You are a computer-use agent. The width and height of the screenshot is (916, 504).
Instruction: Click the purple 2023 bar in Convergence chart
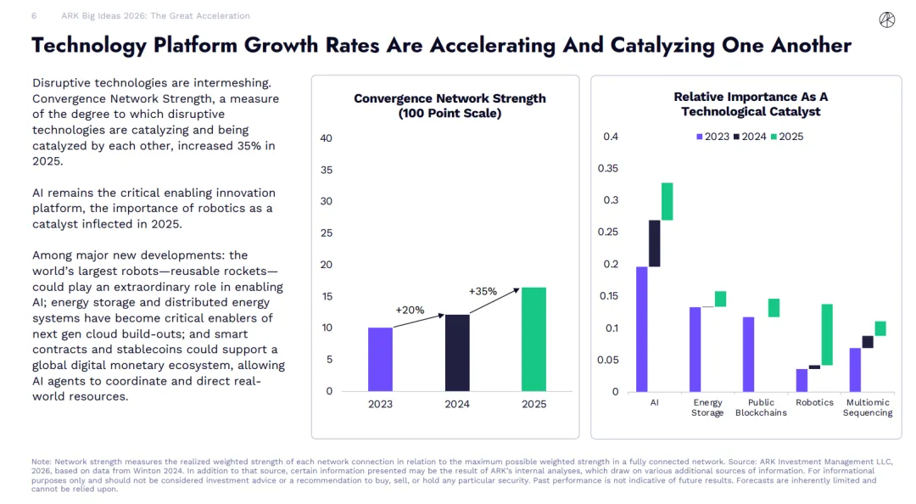click(x=380, y=359)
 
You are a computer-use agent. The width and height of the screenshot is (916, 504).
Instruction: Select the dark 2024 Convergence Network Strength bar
click(x=457, y=352)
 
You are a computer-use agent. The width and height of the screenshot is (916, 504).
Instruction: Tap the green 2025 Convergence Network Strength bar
click(x=533, y=339)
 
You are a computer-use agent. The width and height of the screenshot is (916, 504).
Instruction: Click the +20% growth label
click(x=410, y=310)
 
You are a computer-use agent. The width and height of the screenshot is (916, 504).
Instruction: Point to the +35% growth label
click(x=483, y=291)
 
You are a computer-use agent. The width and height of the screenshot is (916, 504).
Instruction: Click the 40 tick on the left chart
click(x=327, y=138)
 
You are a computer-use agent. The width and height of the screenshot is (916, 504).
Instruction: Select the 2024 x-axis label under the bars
click(x=457, y=404)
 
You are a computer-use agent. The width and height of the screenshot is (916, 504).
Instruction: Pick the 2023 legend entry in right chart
click(x=712, y=137)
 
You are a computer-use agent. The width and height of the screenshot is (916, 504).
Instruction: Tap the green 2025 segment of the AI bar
click(x=667, y=201)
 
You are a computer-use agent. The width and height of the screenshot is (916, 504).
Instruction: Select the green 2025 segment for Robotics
click(x=827, y=334)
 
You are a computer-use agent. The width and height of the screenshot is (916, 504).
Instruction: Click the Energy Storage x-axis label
click(x=707, y=407)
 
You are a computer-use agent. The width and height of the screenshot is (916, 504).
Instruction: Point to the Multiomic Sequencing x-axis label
click(x=868, y=407)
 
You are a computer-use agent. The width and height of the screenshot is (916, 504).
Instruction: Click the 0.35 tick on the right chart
click(x=608, y=168)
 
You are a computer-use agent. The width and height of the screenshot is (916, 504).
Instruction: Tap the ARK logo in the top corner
click(x=887, y=20)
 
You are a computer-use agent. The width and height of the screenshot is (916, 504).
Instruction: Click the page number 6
click(x=34, y=16)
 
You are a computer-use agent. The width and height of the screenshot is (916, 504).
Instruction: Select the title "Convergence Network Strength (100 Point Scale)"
click(x=450, y=105)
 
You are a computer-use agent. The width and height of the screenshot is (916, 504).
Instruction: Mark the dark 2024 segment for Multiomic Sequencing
click(x=868, y=342)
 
